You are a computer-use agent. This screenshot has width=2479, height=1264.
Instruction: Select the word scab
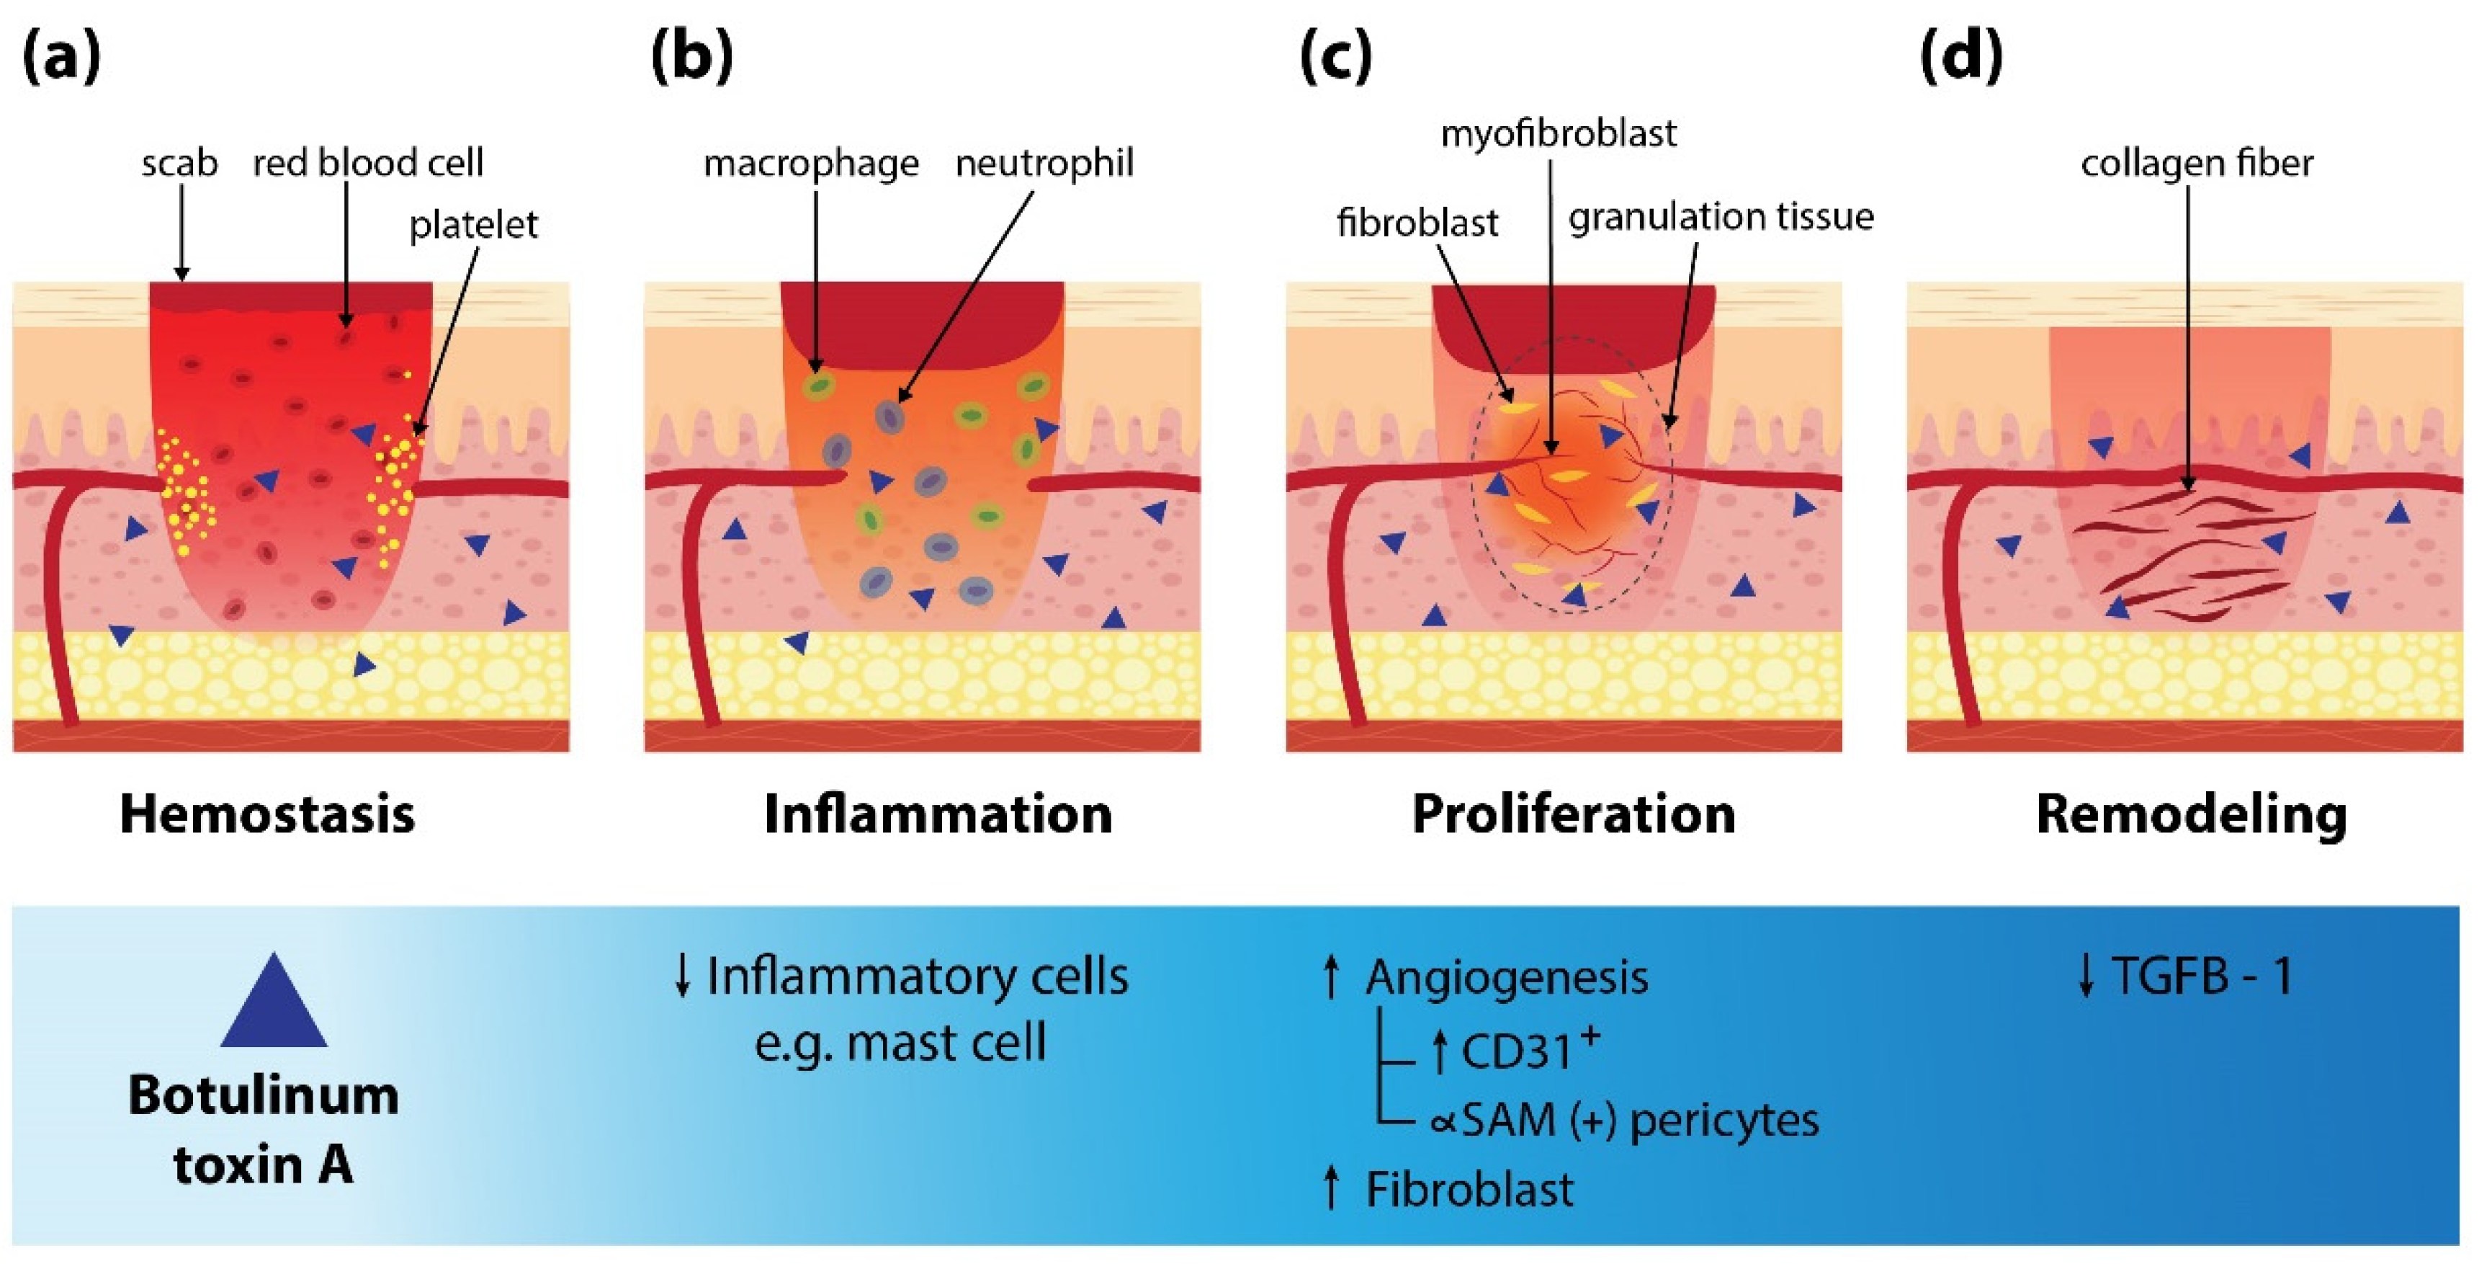coord(179,163)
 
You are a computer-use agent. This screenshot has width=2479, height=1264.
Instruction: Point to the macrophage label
coord(810,164)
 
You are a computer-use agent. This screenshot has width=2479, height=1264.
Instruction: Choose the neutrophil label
coord(1044,163)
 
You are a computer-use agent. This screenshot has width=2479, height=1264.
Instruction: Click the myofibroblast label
coord(1558,133)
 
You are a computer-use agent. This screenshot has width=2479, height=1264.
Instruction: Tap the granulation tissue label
coord(1721,217)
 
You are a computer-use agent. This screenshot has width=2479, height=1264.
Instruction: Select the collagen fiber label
coord(2196,163)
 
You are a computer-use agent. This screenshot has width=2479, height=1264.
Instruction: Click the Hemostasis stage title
coord(267,814)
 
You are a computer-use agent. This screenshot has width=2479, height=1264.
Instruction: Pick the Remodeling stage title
coord(2191,814)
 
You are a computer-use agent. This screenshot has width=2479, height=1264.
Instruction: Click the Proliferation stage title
coord(1574,814)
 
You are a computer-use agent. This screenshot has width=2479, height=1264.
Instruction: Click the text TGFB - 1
coord(2202,976)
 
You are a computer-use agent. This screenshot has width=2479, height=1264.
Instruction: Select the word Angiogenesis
coord(1506,978)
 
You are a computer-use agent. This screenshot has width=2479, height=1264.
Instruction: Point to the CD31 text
coord(1515,1051)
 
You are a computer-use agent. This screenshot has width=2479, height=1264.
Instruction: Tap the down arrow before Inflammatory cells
coord(682,976)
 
